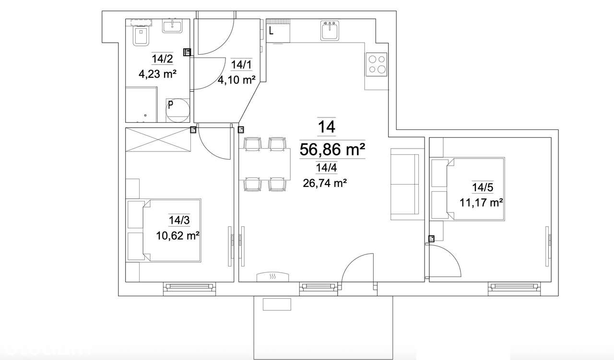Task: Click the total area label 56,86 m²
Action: [332, 149]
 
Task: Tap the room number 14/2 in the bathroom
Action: [162, 59]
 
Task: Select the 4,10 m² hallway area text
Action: [236, 80]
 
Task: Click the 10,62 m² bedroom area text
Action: [177, 235]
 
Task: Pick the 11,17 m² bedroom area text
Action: [481, 202]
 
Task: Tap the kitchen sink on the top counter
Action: [330, 31]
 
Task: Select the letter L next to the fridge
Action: [272, 32]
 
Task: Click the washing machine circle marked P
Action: [177, 110]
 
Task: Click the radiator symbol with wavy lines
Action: [272, 277]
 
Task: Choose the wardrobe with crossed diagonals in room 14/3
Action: [158, 140]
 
